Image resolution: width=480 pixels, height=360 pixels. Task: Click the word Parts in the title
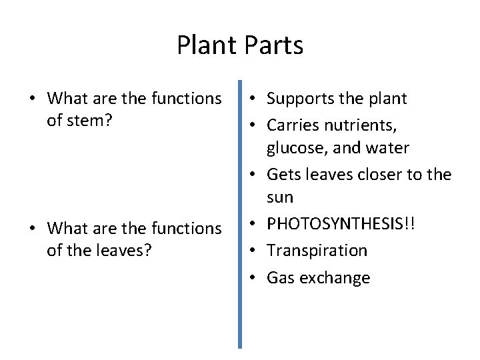274,45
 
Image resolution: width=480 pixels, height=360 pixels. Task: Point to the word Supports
298,99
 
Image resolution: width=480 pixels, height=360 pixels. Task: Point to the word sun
280,198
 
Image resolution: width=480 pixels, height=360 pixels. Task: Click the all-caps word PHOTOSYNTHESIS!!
341,224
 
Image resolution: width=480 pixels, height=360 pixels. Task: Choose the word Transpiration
317,251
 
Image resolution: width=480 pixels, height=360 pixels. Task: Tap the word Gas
279,277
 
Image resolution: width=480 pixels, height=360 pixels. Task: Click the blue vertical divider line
240,213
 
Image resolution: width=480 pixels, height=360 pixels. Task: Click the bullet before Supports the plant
256,99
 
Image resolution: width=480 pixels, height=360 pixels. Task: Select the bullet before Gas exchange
256,278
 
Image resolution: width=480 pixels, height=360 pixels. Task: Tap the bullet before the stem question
33,99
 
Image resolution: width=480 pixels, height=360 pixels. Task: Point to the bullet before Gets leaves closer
256,175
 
